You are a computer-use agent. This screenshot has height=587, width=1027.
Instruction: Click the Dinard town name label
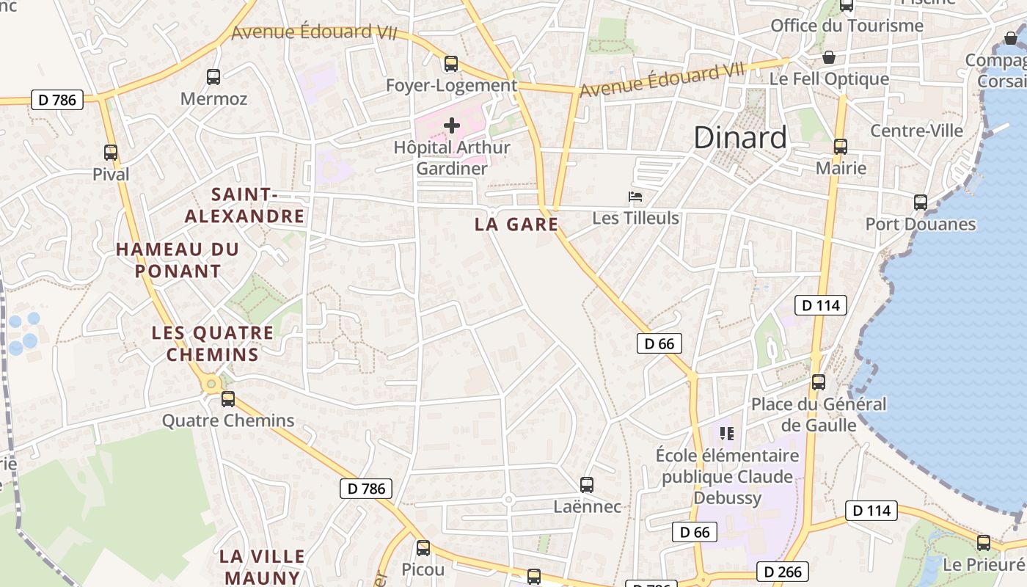click(x=739, y=137)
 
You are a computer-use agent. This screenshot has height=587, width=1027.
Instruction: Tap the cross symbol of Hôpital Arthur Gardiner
click(x=452, y=125)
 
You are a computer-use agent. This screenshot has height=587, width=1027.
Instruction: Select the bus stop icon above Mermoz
click(x=213, y=76)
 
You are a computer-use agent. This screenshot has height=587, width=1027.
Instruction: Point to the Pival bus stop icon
click(x=111, y=153)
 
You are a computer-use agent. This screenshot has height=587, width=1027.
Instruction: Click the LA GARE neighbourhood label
click(x=516, y=225)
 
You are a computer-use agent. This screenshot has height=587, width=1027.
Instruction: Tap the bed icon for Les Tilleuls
click(x=635, y=197)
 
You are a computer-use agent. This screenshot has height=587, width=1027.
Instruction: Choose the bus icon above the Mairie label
click(x=841, y=147)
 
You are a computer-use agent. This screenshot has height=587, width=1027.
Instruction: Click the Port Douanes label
click(x=921, y=224)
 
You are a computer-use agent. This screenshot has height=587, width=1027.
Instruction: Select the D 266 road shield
click(x=783, y=572)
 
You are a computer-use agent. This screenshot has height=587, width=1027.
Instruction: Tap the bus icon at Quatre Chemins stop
click(x=228, y=399)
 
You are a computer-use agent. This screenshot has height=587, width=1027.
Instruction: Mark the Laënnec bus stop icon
click(x=587, y=484)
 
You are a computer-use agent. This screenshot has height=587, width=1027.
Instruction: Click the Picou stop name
click(x=423, y=569)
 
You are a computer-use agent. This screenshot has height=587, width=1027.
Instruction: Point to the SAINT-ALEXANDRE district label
click(x=244, y=205)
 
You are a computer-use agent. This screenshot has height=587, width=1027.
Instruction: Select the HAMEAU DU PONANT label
click(x=178, y=260)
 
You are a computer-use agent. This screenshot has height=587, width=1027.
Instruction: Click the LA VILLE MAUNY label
click(x=260, y=566)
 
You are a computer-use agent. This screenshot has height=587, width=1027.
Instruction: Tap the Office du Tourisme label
click(x=847, y=26)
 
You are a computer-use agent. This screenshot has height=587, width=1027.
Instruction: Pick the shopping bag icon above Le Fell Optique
click(x=829, y=57)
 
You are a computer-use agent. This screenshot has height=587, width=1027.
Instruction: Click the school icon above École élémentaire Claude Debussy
click(x=727, y=433)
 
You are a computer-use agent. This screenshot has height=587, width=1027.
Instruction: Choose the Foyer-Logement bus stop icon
click(x=451, y=64)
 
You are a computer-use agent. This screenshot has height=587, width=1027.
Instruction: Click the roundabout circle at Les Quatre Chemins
click(x=212, y=383)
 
